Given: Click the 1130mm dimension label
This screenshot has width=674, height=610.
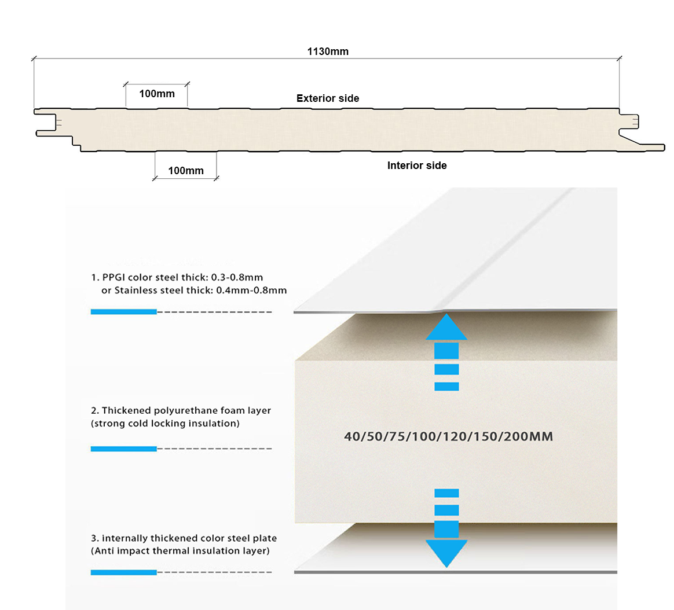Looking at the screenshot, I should [328, 52].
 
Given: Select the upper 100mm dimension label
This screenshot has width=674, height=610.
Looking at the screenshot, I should [157, 93].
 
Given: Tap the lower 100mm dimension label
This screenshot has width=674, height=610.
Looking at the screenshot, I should [186, 170].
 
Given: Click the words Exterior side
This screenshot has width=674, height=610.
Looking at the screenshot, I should [328, 98].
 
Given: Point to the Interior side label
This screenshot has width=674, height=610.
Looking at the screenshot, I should [417, 166].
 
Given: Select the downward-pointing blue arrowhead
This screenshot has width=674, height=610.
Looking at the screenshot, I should [446, 553].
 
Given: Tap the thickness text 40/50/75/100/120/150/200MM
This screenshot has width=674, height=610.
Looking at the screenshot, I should [448, 436].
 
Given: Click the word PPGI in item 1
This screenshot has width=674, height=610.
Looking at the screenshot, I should [114, 277].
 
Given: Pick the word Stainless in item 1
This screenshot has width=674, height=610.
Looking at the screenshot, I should [136, 290].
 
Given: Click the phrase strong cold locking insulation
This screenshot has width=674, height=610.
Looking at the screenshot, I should [165, 423].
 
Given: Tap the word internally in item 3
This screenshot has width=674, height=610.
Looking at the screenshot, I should [125, 538].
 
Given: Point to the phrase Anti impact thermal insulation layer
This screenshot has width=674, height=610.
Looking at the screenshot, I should [180, 550].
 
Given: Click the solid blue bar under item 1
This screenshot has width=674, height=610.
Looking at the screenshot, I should [123, 312].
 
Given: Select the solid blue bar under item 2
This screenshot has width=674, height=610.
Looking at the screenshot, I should [123, 449].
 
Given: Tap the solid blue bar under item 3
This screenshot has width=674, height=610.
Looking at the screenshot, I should [123, 572].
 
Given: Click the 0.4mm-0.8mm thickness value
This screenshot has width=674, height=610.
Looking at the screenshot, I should [251, 290].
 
